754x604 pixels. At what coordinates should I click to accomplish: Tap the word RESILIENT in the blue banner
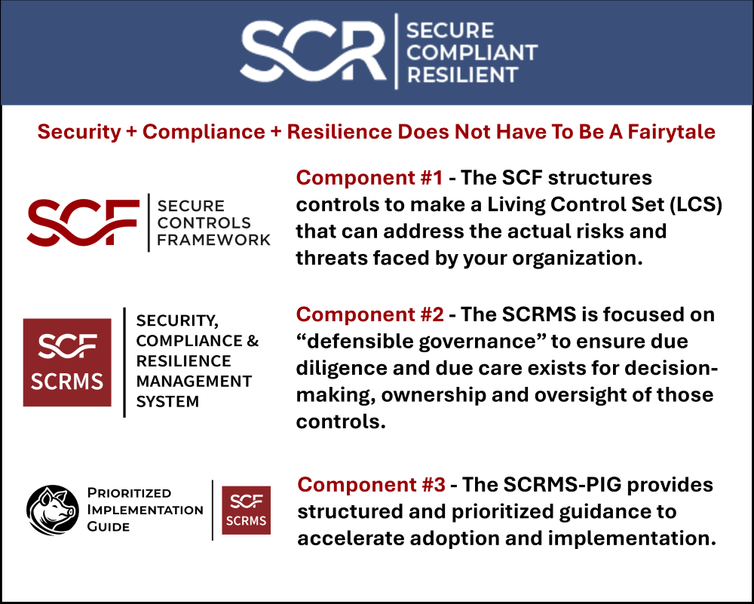pos(462,75)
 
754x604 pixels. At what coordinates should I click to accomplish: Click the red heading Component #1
pos(369,178)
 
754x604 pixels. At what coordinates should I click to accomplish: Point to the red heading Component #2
pos(369,314)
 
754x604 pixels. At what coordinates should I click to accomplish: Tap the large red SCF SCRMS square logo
pos(67,362)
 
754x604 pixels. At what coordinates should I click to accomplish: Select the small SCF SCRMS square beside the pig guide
pos(246,510)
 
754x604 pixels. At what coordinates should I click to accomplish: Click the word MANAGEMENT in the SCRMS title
pos(194,381)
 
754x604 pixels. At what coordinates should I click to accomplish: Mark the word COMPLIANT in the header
pos(471,53)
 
